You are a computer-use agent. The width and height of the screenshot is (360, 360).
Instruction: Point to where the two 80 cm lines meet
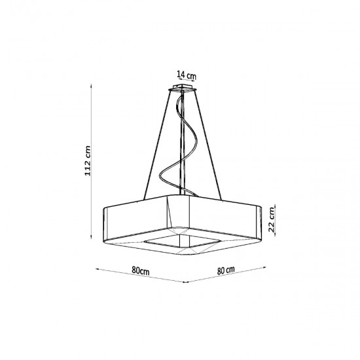click(x=188, y=283)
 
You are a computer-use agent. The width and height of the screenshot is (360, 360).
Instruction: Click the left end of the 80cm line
click(x=96, y=268)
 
